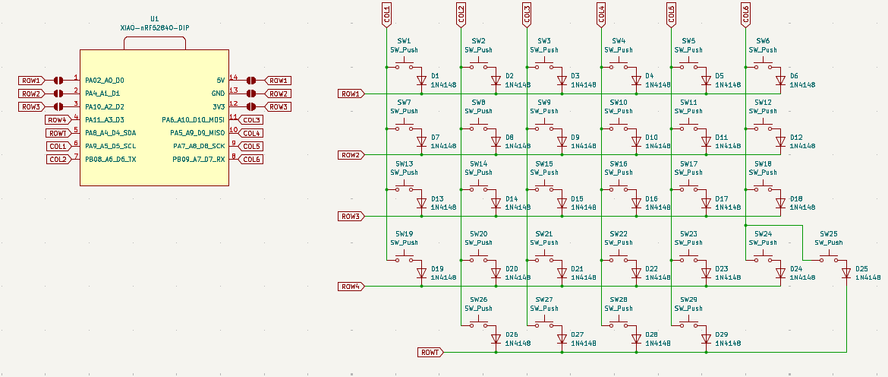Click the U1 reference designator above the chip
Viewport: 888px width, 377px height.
155,17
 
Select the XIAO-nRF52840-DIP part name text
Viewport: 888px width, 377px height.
155,27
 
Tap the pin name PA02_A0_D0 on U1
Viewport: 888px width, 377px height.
105,80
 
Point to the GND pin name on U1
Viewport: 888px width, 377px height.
218,93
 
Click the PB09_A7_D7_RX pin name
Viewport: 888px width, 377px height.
199,160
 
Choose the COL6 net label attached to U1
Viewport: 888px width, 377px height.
252,160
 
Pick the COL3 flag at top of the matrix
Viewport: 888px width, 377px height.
527,13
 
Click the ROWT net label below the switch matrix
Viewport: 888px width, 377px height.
430,353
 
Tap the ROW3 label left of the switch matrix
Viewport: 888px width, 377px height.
351,216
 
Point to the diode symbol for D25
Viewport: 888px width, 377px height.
846,272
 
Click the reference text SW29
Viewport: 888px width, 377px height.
688,300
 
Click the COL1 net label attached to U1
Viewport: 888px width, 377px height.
58,146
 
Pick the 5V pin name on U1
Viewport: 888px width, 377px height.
220,80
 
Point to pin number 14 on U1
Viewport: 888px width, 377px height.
234,78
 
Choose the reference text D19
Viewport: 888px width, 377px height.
437,269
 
